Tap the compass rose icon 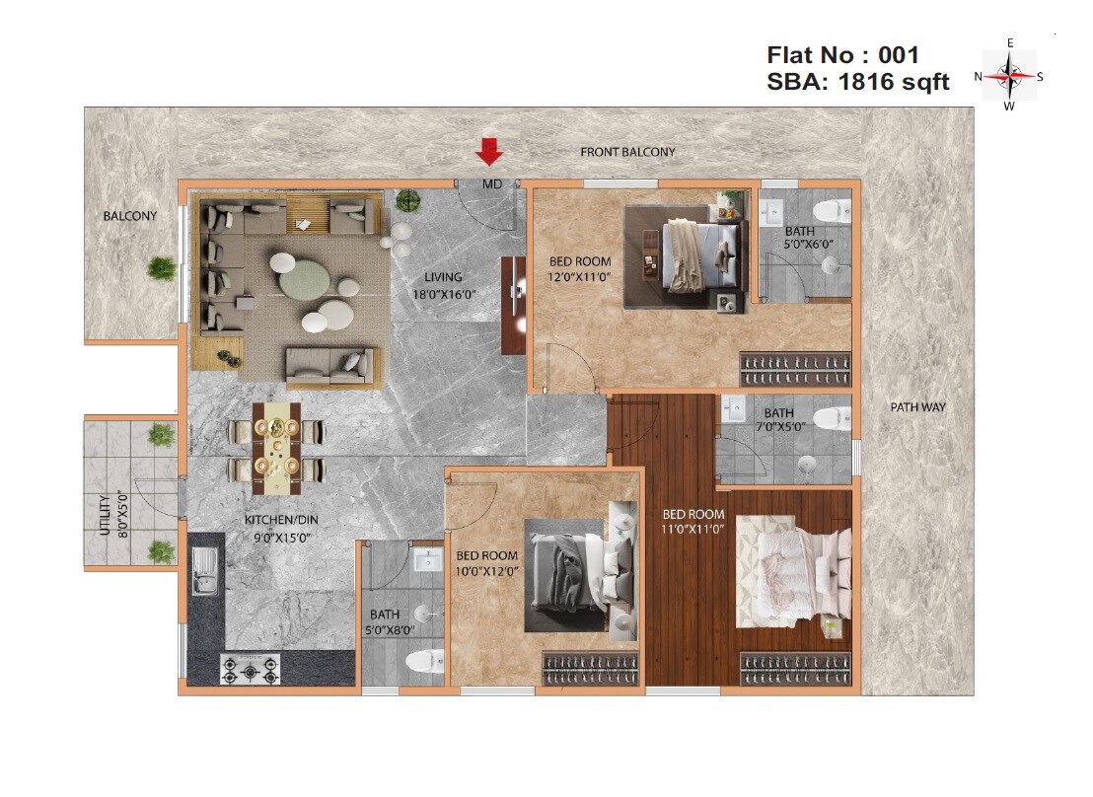point(1009,75)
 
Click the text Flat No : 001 point(842,55)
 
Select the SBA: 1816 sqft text point(857,83)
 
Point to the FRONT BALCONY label point(627,152)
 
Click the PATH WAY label point(917,406)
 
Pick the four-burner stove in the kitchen point(249,671)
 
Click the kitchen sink point(205,572)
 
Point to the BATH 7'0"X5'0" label point(778,420)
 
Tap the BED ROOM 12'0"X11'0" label point(580,268)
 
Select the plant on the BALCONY point(161,267)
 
